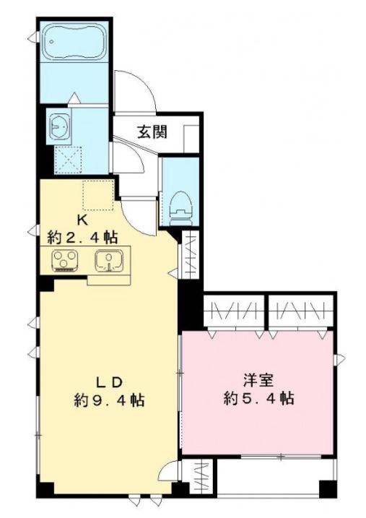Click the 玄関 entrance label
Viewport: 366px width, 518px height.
tap(152, 132)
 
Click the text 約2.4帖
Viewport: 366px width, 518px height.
tap(83, 236)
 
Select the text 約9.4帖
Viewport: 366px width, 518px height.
tap(108, 399)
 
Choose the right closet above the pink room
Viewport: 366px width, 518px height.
tap(301, 311)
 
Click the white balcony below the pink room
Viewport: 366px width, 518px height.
tap(274, 478)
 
